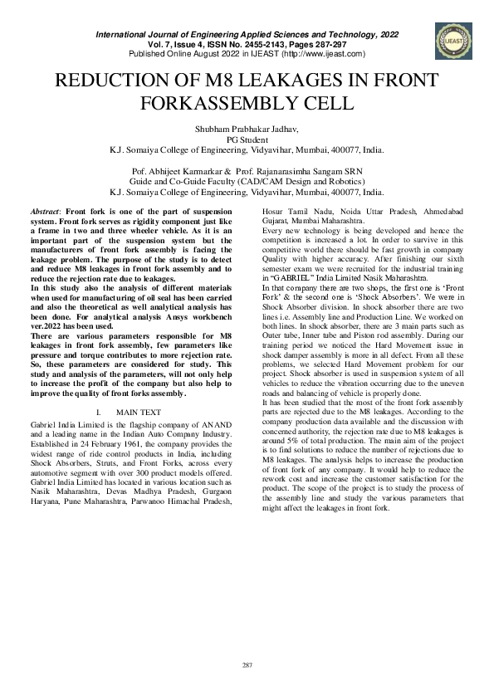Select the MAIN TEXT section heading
[x=139, y=412]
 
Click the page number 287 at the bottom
[x=247, y=665]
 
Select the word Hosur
[x=272, y=214]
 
